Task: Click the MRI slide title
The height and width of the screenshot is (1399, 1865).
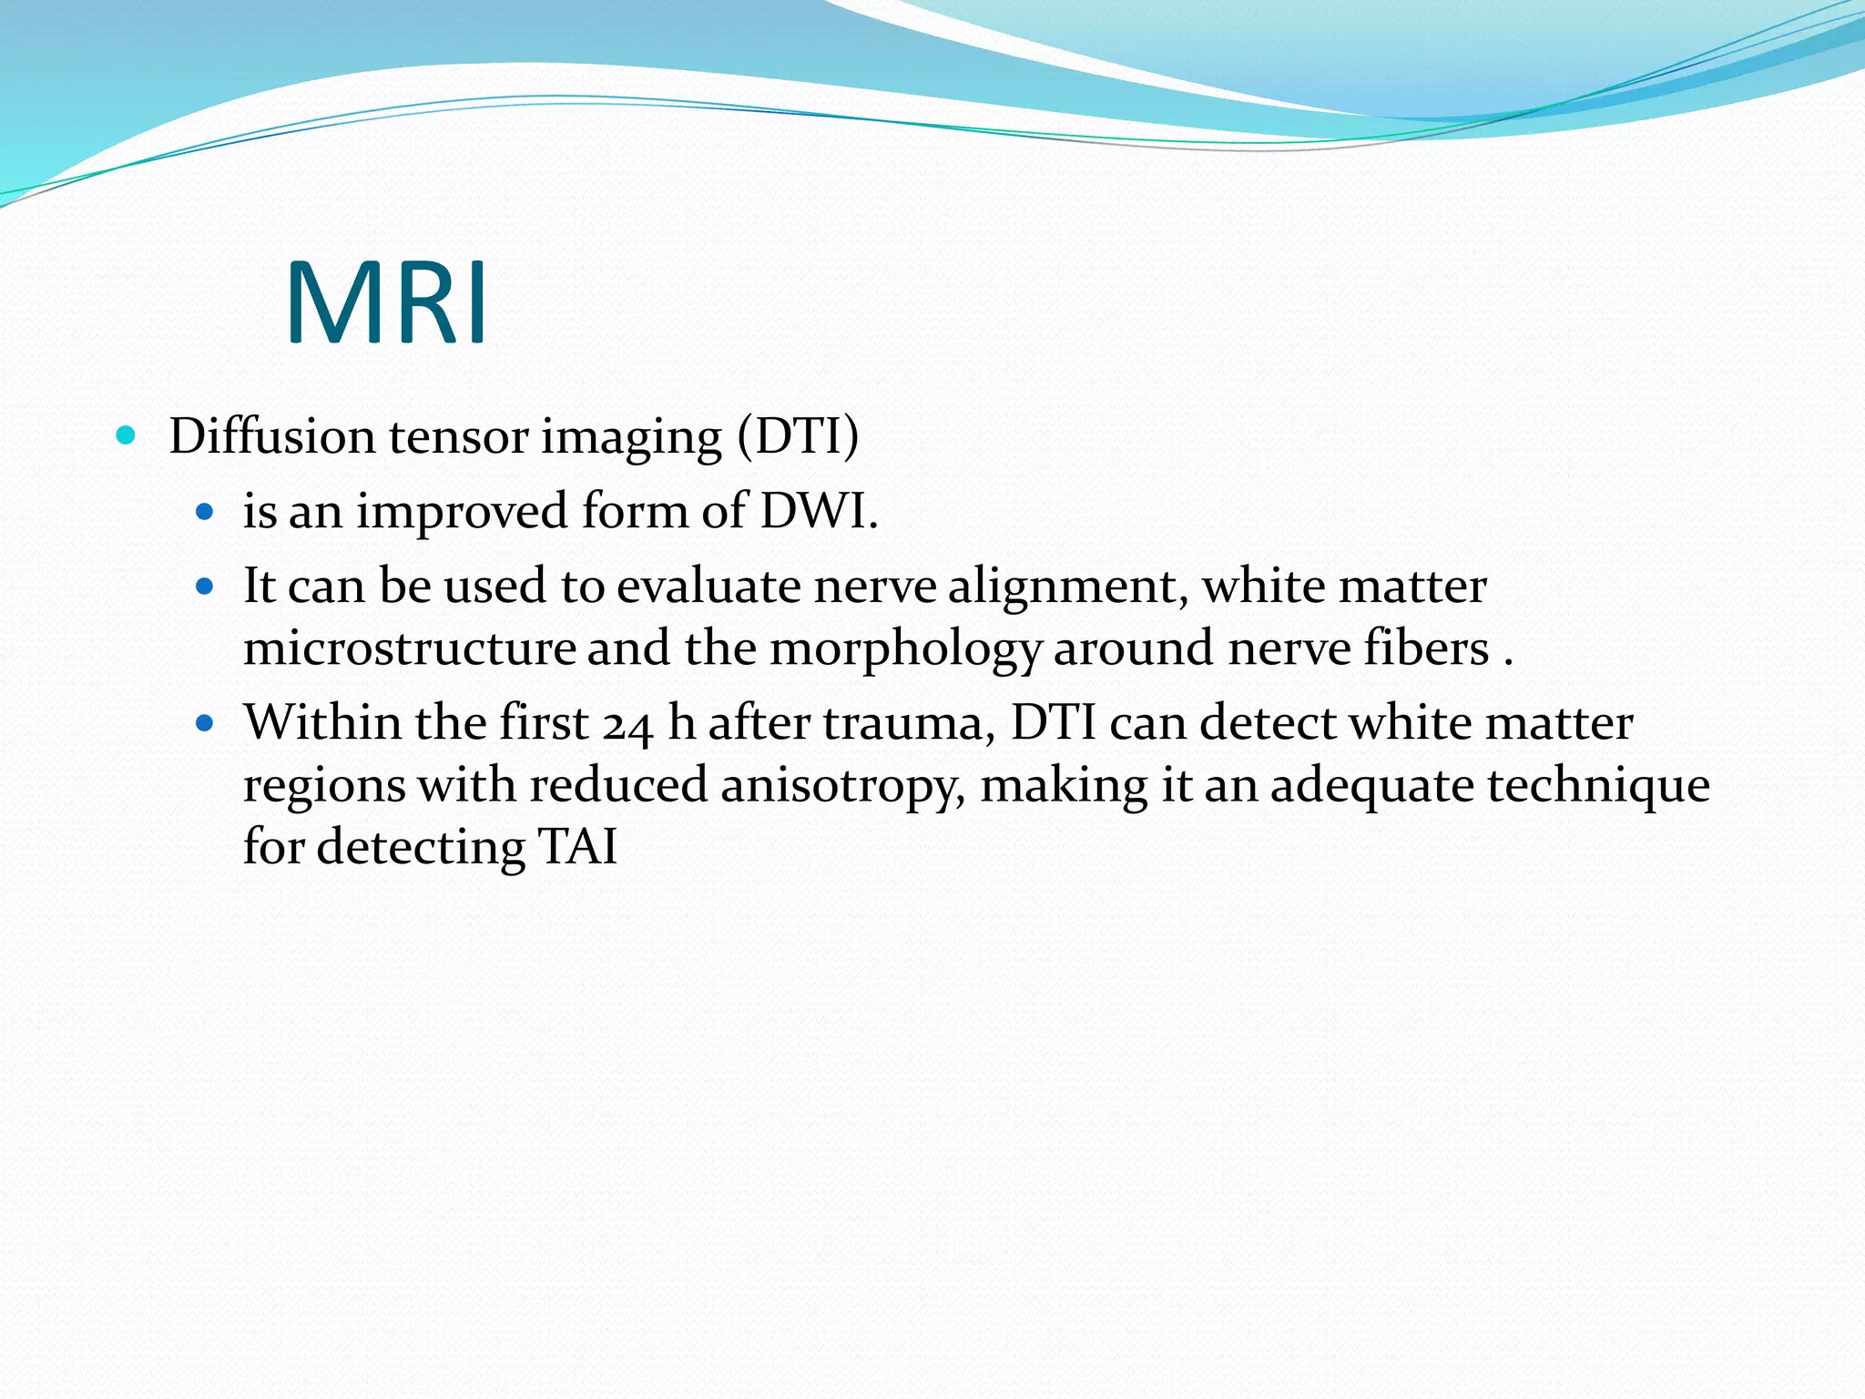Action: pos(387,303)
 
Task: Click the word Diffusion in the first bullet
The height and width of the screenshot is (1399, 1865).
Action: pos(271,436)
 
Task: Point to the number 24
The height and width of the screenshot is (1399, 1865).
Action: pos(627,725)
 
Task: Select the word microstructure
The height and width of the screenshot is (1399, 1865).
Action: pos(409,649)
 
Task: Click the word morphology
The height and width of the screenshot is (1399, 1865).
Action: pos(905,649)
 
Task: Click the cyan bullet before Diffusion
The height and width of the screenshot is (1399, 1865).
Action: pos(127,435)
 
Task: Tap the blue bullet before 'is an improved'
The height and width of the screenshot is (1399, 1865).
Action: pos(205,511)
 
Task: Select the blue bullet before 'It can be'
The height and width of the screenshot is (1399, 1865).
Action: pos(205,587)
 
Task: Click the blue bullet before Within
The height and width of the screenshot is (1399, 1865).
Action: pos(205,724)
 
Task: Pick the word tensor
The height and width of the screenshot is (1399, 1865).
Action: pos(458,436)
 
